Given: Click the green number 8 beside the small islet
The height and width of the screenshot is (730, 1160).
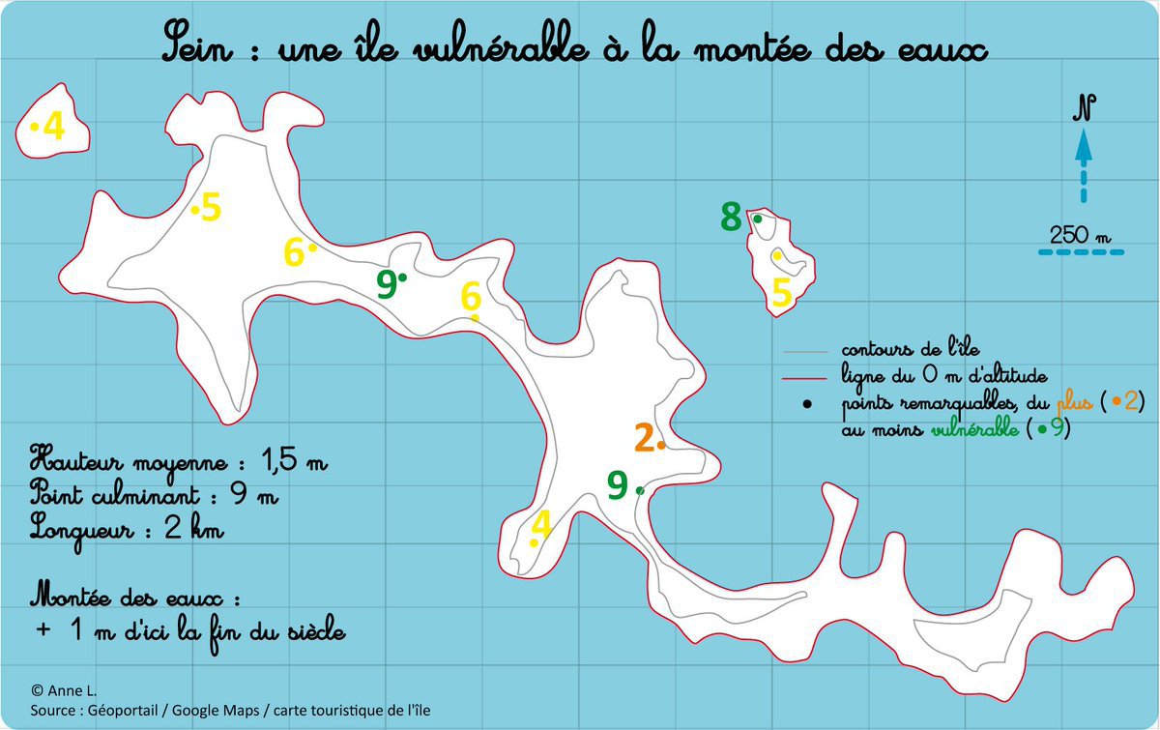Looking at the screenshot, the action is pos(731,217).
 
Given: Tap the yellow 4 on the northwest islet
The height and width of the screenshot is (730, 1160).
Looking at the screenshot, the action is pos(54,126).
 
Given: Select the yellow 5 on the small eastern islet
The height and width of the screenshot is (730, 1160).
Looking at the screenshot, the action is pos(782,292).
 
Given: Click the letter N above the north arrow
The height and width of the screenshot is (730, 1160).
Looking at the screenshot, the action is pos(1084,107).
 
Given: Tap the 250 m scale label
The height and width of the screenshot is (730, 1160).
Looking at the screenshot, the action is pos(1080,235).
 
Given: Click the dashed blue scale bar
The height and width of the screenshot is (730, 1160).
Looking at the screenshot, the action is pos(1082,252).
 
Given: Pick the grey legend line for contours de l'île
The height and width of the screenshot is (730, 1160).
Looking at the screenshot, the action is pos(805,352).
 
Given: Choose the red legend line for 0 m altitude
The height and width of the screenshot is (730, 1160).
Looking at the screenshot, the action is pos(804,379).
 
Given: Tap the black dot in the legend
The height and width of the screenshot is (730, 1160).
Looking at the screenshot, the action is pos(807,404).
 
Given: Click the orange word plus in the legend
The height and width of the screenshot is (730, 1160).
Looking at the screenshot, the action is pos(1075,401).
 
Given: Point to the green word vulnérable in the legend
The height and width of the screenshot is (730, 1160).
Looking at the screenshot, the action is pos(975,428).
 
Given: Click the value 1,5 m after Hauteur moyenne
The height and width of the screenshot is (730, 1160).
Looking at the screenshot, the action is pos(294,459).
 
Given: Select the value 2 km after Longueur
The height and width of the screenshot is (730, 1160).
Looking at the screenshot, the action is pos(194,528).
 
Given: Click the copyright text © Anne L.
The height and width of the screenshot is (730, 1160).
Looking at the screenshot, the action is pos(64,690).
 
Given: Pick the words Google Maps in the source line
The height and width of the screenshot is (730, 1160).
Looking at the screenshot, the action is pos(216,710).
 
